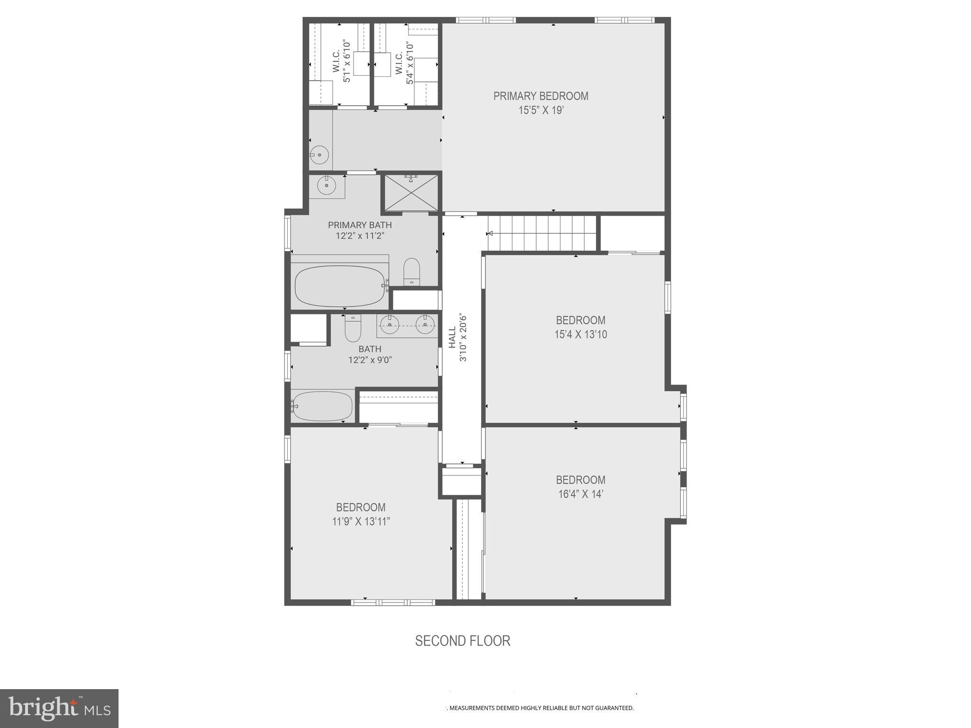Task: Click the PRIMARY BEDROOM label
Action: [540, 96]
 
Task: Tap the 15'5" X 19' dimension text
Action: [540, 110]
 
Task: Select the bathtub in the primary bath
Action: [339, 286]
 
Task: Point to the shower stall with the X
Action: [411, 193]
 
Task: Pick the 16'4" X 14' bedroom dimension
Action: [580, 494]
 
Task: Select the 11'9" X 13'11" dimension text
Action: [361, 521]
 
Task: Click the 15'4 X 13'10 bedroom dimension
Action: [580, 334]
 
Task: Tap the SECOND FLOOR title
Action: [463, 641]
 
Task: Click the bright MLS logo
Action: [59, 708]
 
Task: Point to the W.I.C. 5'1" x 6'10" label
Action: [341, 62]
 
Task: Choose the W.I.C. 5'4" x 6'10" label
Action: [404, 63]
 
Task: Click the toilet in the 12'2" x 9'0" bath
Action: [353, 328]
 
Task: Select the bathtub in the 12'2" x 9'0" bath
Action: [322, 406]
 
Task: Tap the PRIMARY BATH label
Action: [360, 225]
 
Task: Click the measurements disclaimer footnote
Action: [541, 708]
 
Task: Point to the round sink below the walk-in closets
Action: [320, 155]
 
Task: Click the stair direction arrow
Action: [490, 233]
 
